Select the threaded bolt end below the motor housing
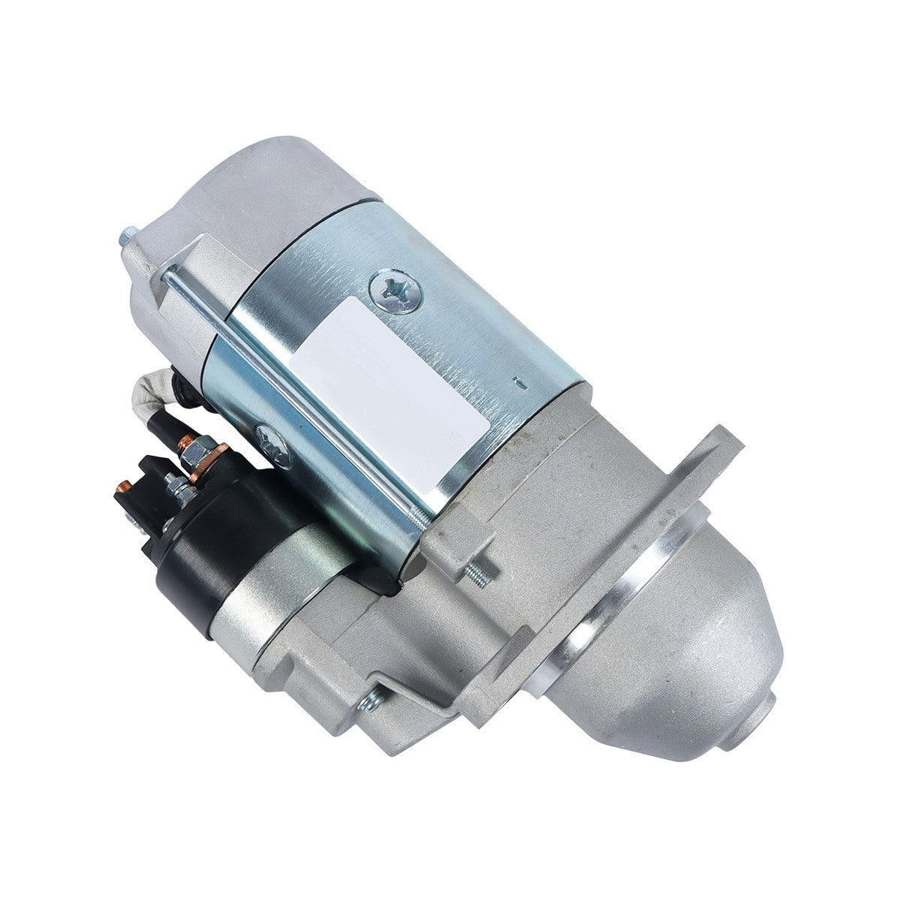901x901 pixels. pyautogui.click(x=481, y=575)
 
